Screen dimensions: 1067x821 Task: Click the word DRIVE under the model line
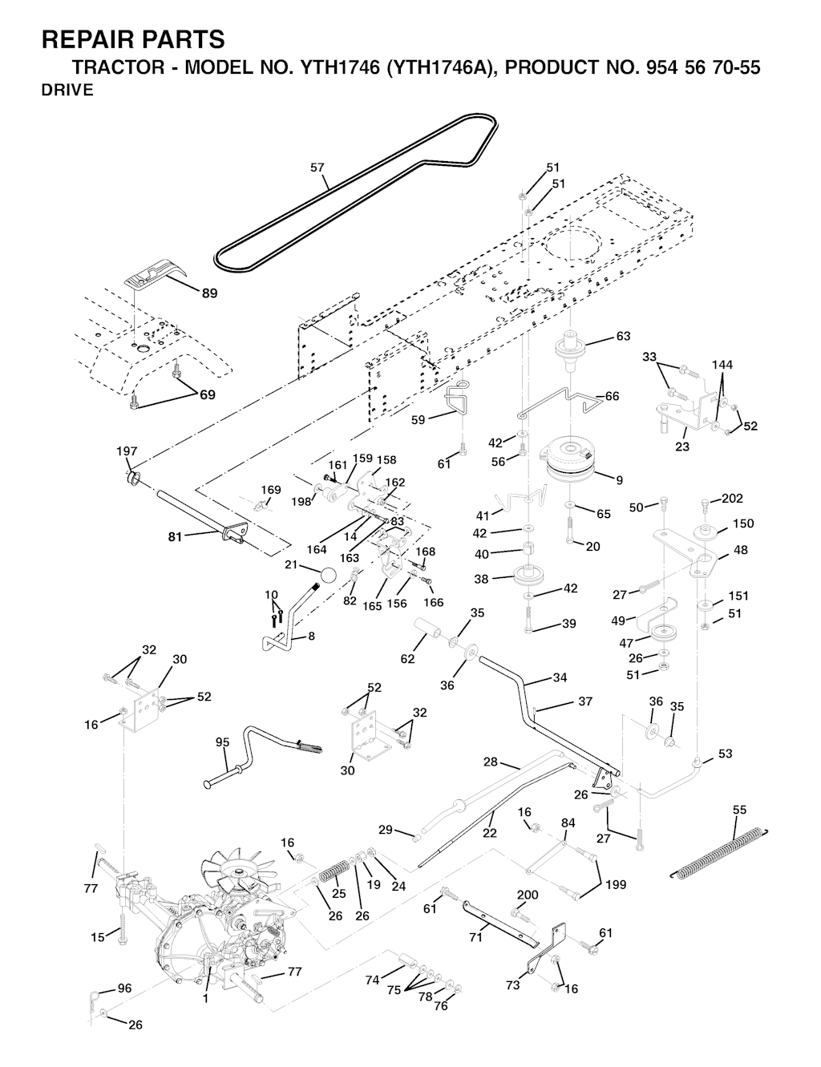[67, 90]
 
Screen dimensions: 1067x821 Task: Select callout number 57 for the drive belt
[317, 168]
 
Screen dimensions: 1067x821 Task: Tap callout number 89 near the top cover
[208, 293]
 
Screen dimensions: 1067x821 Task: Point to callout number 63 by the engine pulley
[623, 336]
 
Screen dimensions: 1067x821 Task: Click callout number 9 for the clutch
[620, 480]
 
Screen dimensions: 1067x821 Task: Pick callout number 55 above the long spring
[740, 810]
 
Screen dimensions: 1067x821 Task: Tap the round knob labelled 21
[328, 576]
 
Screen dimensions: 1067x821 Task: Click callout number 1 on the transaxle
[204, 999]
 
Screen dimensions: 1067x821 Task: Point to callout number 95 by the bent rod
[223, 742]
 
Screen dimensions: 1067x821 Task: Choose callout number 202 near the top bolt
[732, 498]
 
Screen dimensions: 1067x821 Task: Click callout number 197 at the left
[127, 451]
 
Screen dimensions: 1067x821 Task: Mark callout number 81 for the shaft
[174, 537]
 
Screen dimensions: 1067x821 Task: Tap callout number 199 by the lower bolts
[616, 885]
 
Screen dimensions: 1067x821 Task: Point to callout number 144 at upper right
[722, 365]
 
